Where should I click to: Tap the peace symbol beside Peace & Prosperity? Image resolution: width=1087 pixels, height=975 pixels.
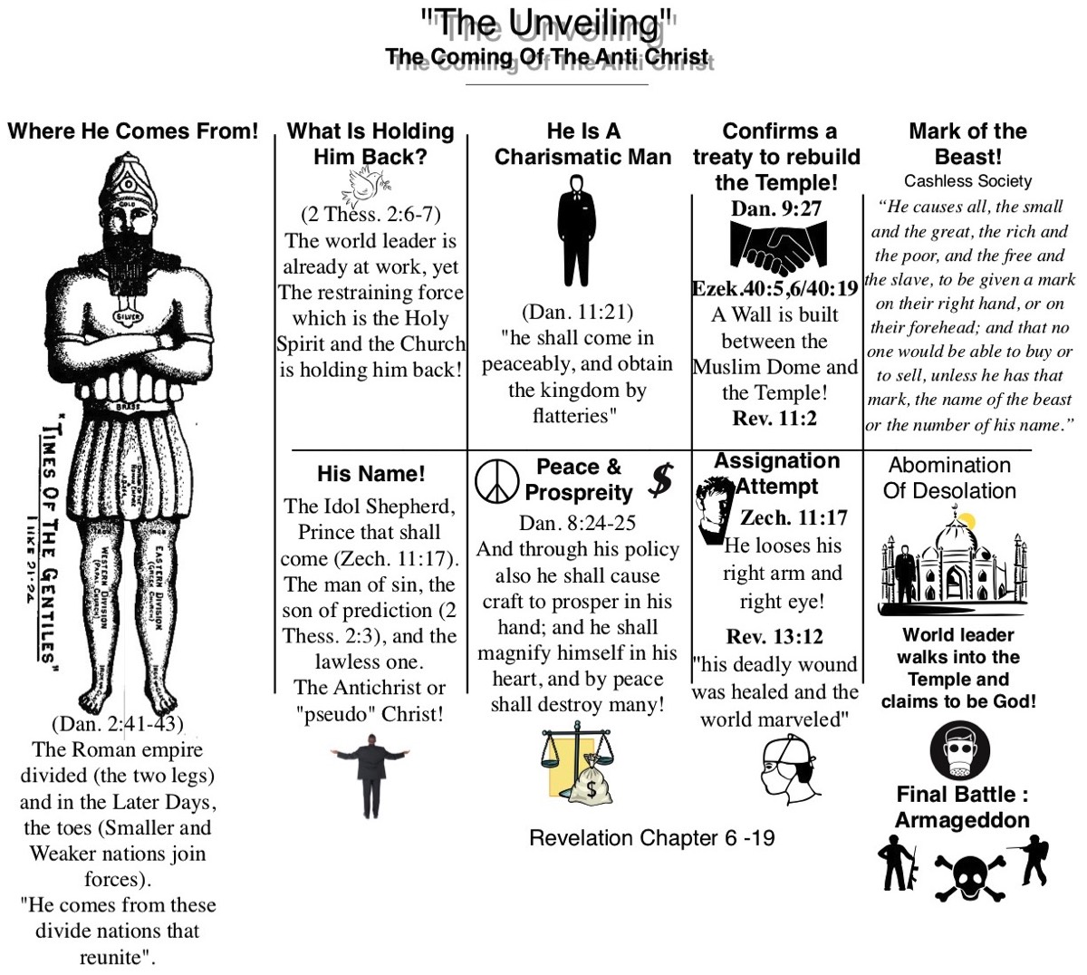click(x=497, y=480)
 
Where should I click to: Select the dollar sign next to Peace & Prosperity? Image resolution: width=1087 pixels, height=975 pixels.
click(x=661, y=480)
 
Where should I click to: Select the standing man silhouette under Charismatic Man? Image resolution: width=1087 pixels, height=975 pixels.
click(x=576, y=231)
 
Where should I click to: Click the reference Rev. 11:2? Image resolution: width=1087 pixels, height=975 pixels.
click(x=774, y=418)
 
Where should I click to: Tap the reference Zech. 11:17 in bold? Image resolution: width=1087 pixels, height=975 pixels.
click(x=794, y=517)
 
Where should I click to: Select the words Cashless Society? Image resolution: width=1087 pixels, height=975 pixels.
click(x=967, y=181)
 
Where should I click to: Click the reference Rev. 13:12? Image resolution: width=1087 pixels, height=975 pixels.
click(x=774, y=636)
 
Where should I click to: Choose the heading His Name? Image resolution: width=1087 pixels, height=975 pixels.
click(x=370, y=474)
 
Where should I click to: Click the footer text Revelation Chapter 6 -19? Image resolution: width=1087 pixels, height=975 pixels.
click(x=651, y=837)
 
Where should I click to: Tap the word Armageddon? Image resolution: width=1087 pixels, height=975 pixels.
click(x=962, y=820)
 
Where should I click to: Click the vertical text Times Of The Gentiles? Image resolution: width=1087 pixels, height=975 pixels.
click(x=50, y=544)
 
